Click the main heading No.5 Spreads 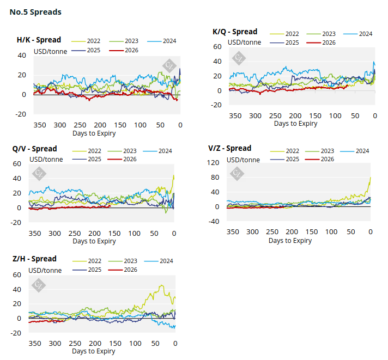point(35,11)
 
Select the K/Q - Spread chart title point(235,32)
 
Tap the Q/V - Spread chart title point(34,149)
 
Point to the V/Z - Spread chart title point(229,148)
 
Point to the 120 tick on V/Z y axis point(214,163)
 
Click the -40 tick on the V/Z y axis point(214,221)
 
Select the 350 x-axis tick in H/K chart point(40,125)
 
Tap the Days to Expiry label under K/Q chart point(295,124)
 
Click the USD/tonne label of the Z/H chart point(45,270)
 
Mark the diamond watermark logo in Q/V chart point(39,174)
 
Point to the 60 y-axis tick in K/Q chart point(217,47)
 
